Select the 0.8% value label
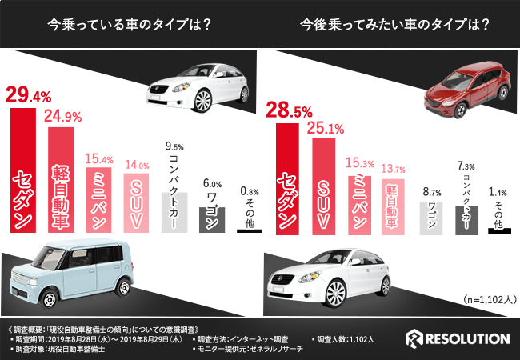250,191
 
